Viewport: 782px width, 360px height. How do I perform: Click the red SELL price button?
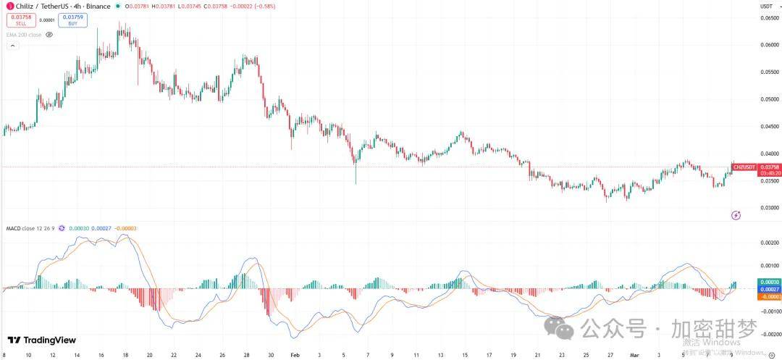[x=21, y=20]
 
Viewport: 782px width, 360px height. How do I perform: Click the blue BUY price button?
[x=72, y=20]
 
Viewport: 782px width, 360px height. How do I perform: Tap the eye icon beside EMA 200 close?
[x=49, y=34]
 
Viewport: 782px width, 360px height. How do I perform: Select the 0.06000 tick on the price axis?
[x=769, y=45]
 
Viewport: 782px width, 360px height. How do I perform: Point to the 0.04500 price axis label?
[x=769, y=127]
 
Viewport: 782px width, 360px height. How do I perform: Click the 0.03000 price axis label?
[x=769, y=208]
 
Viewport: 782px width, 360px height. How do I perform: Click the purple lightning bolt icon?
[x=736, y=214]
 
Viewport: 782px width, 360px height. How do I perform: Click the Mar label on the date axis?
[x=634, y=356]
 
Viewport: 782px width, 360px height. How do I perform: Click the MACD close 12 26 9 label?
[x=30, y=228]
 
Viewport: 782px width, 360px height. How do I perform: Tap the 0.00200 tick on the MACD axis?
[x=769, y=243]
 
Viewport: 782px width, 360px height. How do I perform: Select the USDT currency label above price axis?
[x=766, y=7]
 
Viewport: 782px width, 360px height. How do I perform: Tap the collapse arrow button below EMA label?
[x=12, y=46]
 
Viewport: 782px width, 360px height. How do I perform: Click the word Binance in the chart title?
[x=98, y=7]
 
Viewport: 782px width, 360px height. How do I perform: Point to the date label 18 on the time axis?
[x=125, y=356]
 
